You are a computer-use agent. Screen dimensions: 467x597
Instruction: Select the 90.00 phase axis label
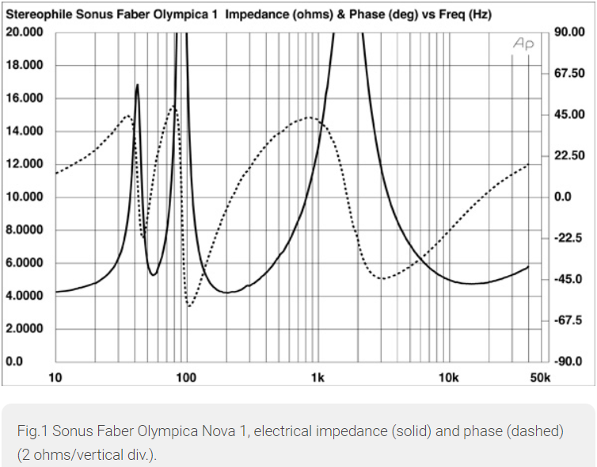568,33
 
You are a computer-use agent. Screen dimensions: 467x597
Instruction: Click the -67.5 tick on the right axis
568,320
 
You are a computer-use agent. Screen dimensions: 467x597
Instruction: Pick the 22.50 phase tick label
568,156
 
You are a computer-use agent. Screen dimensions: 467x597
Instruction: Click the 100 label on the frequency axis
186,377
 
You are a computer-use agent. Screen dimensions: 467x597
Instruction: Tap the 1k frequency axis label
318,377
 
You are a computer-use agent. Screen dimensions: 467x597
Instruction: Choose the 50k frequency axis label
539,377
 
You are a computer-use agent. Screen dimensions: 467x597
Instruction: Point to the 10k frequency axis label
448,377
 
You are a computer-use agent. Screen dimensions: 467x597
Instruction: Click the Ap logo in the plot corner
523,44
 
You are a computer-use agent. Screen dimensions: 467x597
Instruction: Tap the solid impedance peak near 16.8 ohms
138,85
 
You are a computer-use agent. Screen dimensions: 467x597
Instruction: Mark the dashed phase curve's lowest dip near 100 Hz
190,305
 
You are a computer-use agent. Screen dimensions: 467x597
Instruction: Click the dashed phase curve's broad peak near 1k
310,118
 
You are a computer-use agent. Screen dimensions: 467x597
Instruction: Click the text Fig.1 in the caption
30,431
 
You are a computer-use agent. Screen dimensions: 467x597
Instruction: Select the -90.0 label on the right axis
568,362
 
